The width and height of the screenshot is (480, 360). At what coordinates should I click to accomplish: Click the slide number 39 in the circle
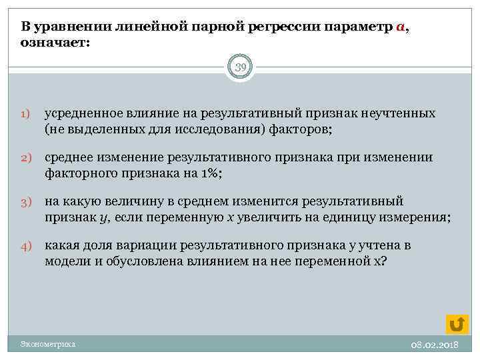(240, 67)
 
